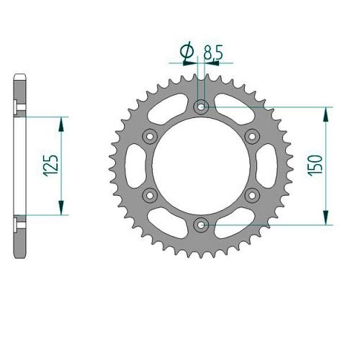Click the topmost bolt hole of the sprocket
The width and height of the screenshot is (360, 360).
click(x=201, y=107)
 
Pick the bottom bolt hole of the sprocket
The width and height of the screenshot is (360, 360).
click(x=201, y=225)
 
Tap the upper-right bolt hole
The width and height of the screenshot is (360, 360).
click(x=252, y=136)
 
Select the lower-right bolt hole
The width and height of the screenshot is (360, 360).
click(x=252, y=195)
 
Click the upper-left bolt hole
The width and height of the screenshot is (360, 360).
click(x=150, y=136)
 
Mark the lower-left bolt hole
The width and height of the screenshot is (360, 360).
click(x=150, y=195)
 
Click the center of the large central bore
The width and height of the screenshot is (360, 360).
click(x=201, y=166)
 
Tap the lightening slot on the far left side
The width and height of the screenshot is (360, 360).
click(x=127, y=166)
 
